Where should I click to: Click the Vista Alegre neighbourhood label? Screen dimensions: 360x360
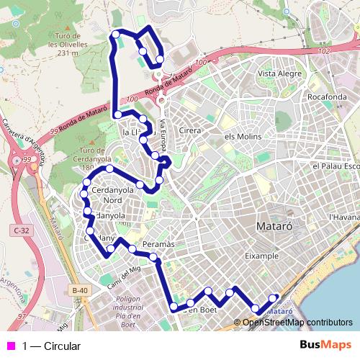279,73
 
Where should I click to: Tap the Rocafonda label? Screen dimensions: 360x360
307,96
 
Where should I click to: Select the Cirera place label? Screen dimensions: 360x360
190,130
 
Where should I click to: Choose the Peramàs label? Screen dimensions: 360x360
158,245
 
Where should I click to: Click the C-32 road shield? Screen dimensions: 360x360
19,230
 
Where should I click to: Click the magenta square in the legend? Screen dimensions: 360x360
10,346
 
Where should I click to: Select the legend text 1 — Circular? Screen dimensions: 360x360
51,346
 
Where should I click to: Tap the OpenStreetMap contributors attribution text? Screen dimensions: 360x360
297,322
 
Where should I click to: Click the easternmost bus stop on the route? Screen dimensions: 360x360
273,297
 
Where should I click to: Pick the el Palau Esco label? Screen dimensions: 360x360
336,166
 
